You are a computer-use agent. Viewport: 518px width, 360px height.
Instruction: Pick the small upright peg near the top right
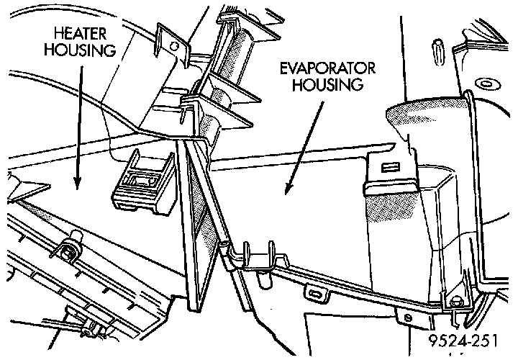point(438,52)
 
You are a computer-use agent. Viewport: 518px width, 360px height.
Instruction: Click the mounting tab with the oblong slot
point(316,293)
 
